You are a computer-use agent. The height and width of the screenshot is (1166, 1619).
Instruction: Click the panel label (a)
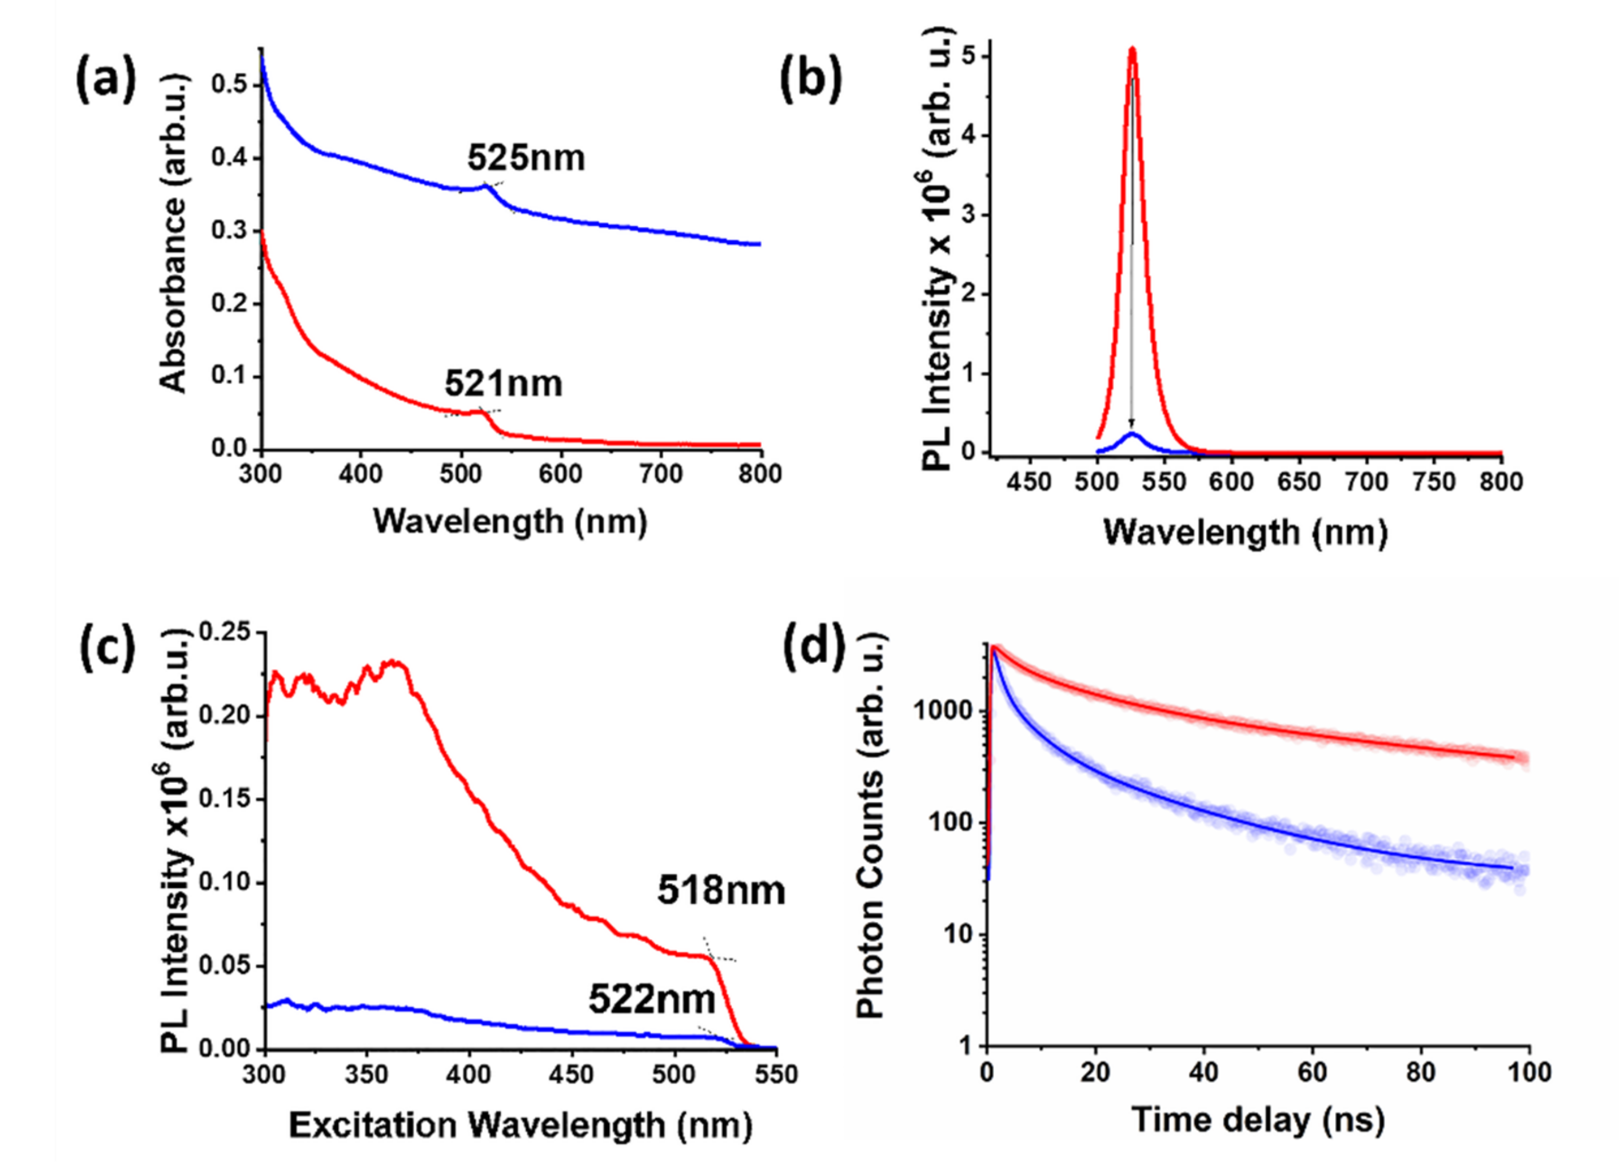tap(106, 81)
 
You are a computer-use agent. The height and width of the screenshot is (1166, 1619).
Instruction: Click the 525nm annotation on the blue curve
tap(526, 158)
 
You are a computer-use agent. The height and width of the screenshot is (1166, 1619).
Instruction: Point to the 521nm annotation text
tap(503, 384)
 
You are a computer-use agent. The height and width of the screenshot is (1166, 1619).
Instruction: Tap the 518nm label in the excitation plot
tap(721, 891)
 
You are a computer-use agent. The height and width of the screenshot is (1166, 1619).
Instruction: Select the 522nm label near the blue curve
tap(652, 1000)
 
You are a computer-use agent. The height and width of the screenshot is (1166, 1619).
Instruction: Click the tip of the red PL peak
tap(1132, 49)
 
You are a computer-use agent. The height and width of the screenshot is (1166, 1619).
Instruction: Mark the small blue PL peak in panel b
tap(1132, 433)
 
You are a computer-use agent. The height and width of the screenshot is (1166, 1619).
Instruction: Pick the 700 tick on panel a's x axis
tap(660, 474)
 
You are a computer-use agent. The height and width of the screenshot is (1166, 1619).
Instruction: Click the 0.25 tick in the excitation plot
tap(226, 633)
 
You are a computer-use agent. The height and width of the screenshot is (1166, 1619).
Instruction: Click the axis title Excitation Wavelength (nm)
tap(520, 1125)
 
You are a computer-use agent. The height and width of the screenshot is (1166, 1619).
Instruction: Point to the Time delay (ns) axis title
tap(1258, 1119)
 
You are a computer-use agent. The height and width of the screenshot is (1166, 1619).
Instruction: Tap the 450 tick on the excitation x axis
tap(572, 1075)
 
